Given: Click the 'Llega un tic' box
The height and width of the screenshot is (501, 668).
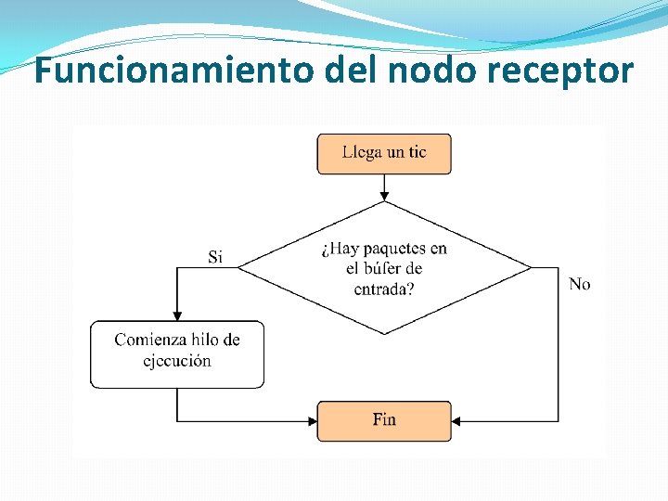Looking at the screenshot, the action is (x=384, y=154).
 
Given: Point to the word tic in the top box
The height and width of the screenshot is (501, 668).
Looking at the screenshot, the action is (x=414, y=152).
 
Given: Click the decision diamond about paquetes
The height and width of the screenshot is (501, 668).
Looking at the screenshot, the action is (x=384, y=268).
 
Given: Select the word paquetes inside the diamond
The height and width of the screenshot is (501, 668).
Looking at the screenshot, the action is (x=394, y=249).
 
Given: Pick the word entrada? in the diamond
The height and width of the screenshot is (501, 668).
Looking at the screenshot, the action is (x=384, y=289).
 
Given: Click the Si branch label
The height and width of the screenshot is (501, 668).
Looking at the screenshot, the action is (x=215, y=257).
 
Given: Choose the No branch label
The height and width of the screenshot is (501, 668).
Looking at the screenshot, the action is (x=579, y=284).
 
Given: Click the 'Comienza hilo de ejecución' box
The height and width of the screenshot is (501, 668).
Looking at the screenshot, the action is (x=177, y=353).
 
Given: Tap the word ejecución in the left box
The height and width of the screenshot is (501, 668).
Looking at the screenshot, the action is (x=177, y=361).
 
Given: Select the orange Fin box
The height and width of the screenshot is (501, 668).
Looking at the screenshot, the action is (x=384, y=420).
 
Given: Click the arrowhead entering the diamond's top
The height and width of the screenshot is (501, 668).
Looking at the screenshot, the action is (x=384, y=196).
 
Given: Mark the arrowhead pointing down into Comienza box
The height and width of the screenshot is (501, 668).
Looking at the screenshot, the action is (x=177, y=315).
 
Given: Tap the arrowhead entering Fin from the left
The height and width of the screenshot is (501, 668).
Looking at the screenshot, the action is (x=312, y=421).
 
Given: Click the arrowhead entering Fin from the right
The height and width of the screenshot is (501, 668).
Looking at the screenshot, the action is (x=457, y=421).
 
